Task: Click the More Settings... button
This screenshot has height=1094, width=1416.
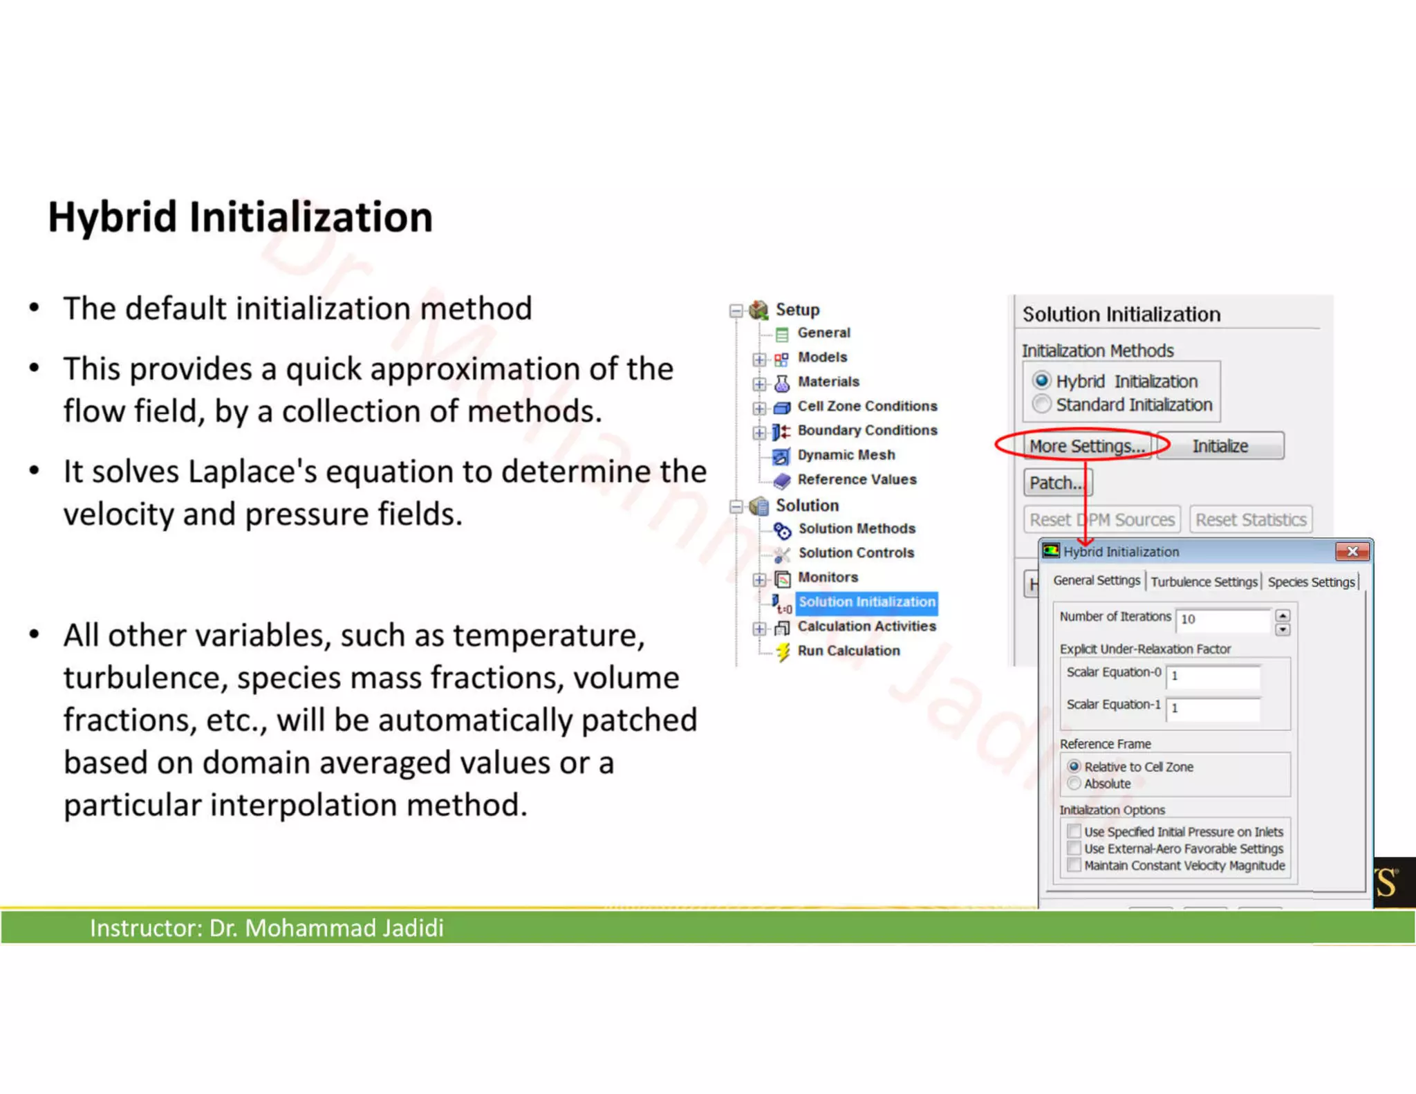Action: pyautogui.click(x=1086, y=446)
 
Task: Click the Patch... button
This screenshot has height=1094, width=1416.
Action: pyautogui.click(x=1056, y=483)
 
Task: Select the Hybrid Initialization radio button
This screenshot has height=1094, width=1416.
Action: pyautogui.click(x=1042, y=381)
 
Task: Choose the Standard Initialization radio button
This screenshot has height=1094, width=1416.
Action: pyautogui.click(x=1042, y=404)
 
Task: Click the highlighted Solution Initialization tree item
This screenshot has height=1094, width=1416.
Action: pyautogui.click(x=866, y=602)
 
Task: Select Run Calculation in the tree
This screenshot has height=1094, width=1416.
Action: pyautogui.click(x=848, y=651)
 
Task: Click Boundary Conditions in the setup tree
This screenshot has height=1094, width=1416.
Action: pyautogui.click(x=867, y=430)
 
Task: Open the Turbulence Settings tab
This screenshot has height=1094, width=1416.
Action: pyautogui.click(x=1204, y=582)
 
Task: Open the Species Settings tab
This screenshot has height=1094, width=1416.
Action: pyautogui.click(x=1311, y=582)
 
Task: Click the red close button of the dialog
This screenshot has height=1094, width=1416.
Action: pyautogui.click(x=1352, y=551)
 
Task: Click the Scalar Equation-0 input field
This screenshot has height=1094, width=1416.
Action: pyautogui.click(x=1212, y=676)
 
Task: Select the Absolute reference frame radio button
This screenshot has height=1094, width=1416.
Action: pyautogui.click(x=1074, y=784)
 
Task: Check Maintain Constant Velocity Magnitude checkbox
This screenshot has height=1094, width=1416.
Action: pyautogui.click(x=1074, y=865)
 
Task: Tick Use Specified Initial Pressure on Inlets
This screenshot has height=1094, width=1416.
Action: pyautogui.click(x=1074, y=831)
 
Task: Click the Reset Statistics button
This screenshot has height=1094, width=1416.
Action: pyautogui.click(x=1250, y=519)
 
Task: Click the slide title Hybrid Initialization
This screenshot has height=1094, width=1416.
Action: pyautogui.click(x=240, y=217)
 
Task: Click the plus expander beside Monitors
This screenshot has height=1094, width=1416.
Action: pyautogui.click(x=759, y=579)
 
